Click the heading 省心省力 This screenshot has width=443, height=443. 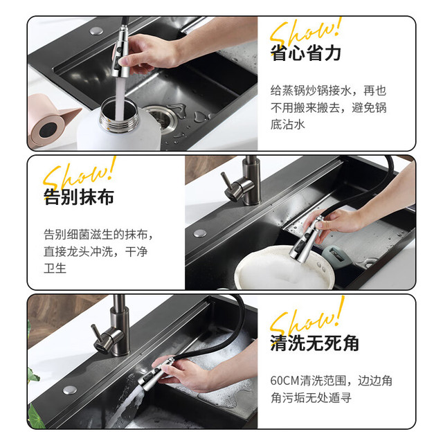[x=306, y=53]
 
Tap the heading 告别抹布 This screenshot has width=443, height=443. [x=79, y=197]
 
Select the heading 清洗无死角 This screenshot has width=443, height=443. [x=314, y=343]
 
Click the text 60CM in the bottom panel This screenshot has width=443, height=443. [x=284, y=381]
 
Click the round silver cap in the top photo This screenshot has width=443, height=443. [x=96, y=30]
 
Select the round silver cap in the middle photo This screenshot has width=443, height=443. [x=200, y=233]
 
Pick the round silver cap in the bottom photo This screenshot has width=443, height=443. [x=70, y=390]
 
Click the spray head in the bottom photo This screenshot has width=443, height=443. [x=155, y=374]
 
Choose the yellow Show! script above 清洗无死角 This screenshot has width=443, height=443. [x=307, y=316]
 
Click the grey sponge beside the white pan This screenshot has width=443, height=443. [x=337, y=256]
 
